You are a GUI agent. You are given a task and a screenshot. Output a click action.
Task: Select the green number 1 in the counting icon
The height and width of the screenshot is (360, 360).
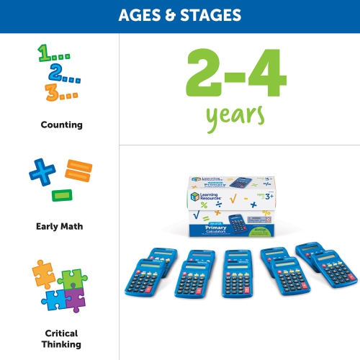click(45, 53)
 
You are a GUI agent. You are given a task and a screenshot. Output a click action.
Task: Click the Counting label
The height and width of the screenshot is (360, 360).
click(61, 125)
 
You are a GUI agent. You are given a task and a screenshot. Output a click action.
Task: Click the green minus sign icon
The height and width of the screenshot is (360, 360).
click(62, 194)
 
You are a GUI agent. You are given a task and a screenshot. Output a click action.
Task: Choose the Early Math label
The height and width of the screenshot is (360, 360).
click(60, 226)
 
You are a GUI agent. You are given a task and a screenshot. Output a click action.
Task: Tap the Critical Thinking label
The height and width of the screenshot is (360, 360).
click(61, 338)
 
